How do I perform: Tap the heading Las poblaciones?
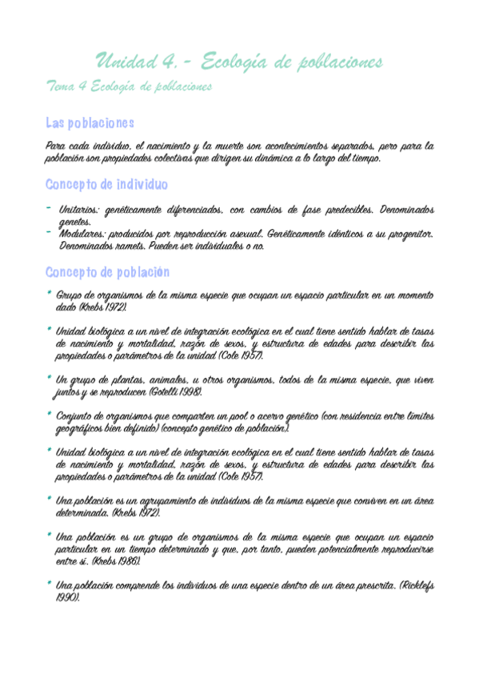click(90, 123)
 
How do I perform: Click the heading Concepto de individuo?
click(106, 185)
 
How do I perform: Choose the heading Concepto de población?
click(108, 271)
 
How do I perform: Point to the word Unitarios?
click(79, 210)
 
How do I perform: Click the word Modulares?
click(82, 234)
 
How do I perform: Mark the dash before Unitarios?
click(49, 209)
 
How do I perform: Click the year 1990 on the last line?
click(65, 597)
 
